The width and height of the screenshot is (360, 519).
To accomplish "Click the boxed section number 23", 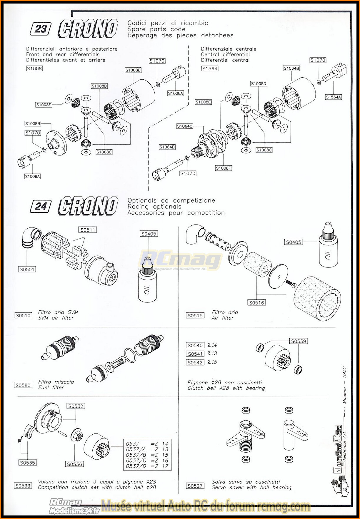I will pyautogui.click(x=41, y=29).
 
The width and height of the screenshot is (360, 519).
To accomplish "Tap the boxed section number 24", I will pyautogui.click(x=41, y=206).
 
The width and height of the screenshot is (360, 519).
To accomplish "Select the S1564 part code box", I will pyautogui.click(x=210, y=68).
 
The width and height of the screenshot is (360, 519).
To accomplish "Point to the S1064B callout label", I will pyautogui.click(x=291, y=68).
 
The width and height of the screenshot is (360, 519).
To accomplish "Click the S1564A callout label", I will pyautogui.click(x=333, y=97).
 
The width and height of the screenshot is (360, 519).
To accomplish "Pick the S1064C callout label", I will pyautogui.click(x=185, y=126).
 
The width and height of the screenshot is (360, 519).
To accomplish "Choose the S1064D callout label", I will pyautogui.click(x=167, y=147).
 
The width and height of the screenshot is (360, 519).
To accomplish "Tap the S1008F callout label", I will pyautogui.click(x=223, y=168).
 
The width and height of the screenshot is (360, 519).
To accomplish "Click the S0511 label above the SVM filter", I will pyautogui.click(x=88, y=230).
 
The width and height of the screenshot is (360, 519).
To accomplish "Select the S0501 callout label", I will pyautogui.click(x=27, y=269).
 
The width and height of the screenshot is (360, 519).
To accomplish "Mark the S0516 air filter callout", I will pyautogui.click(x=256, y=302).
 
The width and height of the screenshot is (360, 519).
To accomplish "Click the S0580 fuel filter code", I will pyautogui.click(x=23, y=385).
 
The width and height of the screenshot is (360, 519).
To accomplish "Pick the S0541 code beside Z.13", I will pyautogui.click(x=195, y=354).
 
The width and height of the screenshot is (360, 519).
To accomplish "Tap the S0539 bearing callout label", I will pyautogui.click(x=299, y=341).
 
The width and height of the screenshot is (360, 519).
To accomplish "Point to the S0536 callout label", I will pyautogui.click(x=74, y=464).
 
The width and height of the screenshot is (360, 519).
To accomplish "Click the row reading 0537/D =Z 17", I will pyautogui.click(x=147, y=466).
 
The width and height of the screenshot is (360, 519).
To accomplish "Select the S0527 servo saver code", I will pyautogui.click(x=195, y=486).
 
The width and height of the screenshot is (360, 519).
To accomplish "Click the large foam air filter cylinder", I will pyautogui.click(x=317, y=298).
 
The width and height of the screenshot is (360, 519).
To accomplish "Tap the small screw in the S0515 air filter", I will pyautogui.click(x=290, y=283).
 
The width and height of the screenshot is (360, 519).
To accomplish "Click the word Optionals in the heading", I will pyautogui.click(x=142, y=200).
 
